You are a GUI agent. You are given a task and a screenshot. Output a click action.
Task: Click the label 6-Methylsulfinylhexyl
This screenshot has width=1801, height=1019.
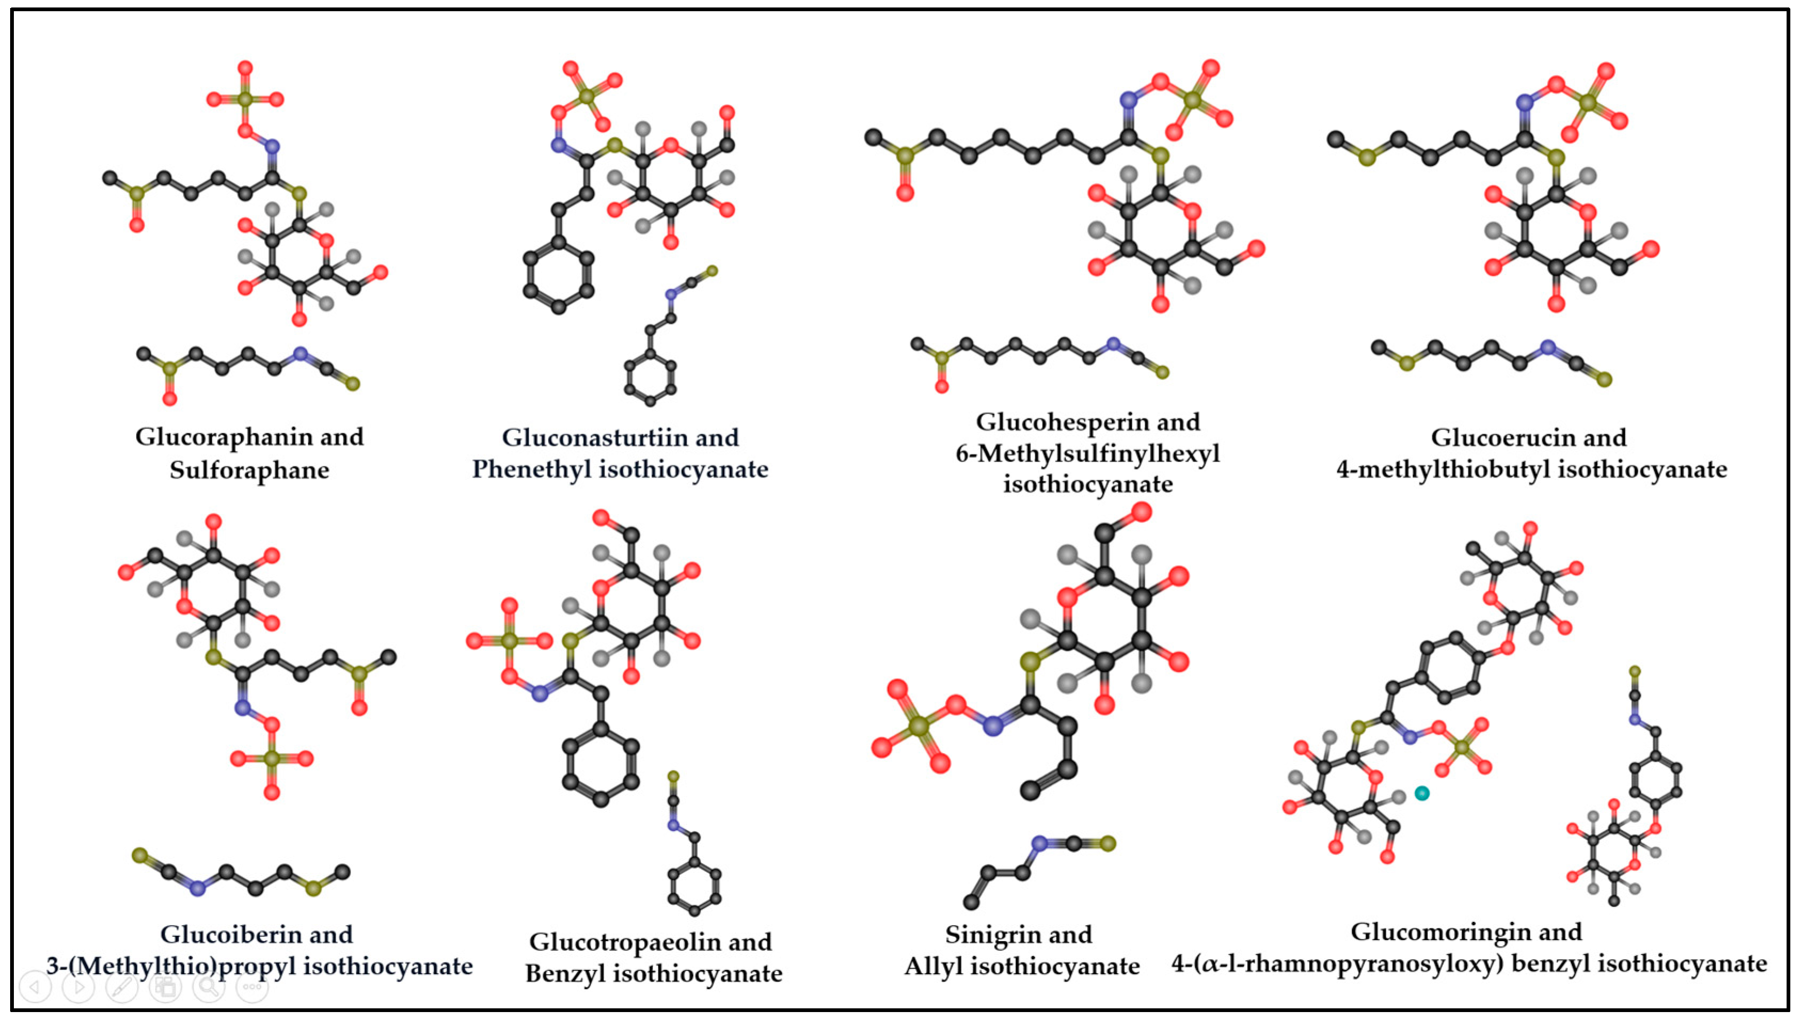point(1087,453)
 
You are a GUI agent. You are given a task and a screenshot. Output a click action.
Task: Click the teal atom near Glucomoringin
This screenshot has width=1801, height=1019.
point(1422,793)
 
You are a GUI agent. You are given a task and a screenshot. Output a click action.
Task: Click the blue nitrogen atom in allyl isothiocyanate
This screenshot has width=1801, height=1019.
point(1040,843)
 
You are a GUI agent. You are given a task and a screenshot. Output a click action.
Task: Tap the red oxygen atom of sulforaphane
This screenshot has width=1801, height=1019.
point(169,399)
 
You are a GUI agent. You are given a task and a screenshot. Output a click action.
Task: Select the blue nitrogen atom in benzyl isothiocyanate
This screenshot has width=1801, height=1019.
point(673,826)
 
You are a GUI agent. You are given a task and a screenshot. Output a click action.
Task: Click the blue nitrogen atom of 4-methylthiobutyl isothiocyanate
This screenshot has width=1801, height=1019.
point(1548,347)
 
